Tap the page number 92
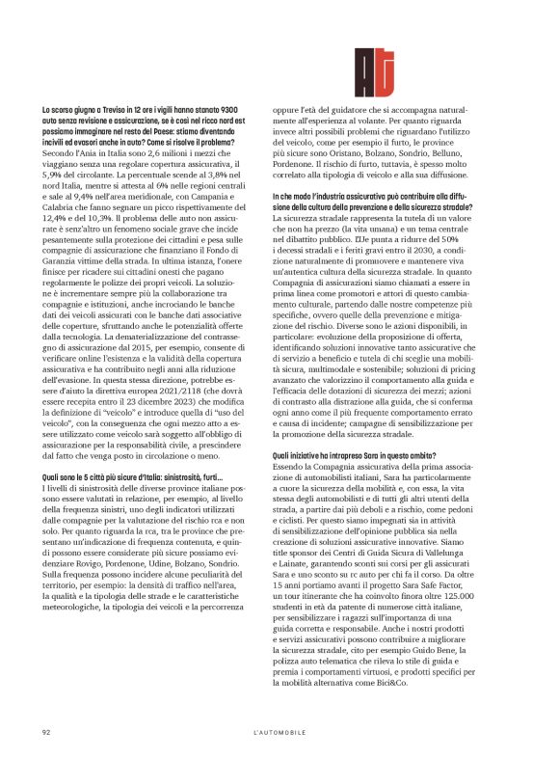pos(45,732)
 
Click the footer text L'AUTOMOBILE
pos(279,732)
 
